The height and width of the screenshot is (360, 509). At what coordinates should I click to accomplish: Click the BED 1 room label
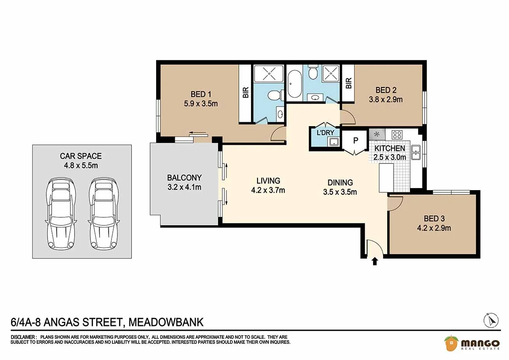click(x=201, y=94)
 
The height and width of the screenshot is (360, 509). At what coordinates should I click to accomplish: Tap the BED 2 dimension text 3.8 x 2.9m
click(x=386, y=99)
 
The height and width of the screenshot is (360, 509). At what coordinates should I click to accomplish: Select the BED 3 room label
click(x=434, y=218)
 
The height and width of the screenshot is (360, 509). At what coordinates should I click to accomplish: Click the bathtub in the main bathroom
click(x=295, y=84)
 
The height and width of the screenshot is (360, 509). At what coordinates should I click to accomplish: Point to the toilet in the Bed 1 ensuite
click(x=276, y=95)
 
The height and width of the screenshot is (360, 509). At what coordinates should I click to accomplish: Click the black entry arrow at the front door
click(x=375, y=262)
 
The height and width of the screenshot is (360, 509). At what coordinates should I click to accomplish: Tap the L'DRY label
click(x=325, y=132)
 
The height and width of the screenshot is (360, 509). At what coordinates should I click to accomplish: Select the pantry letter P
click(x=355, y=141)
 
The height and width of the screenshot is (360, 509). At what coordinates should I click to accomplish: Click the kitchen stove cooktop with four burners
click(x=397, y=135)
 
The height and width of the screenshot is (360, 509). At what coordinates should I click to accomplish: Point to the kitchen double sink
click(x=416, y=152)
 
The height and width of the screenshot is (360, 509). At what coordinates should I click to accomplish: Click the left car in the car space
click(x=61, y=213)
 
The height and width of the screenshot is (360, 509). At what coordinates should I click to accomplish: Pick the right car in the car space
click(x=104, y=213)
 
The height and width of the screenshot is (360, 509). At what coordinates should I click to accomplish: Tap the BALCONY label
click(x=184, y=177)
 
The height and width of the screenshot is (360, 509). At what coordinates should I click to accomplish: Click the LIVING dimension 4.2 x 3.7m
click(x=268, y=190)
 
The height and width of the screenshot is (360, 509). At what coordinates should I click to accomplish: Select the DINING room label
click(x=340, y=183)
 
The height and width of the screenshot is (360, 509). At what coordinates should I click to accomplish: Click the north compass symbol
click(x=491, y=321)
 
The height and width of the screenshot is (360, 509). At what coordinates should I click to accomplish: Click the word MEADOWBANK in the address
click(x=166, y=322)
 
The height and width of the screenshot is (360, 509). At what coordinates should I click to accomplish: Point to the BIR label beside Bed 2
click(x=348, y=83)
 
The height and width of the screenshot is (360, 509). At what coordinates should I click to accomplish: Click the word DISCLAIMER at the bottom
click(x=23, y=337)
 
